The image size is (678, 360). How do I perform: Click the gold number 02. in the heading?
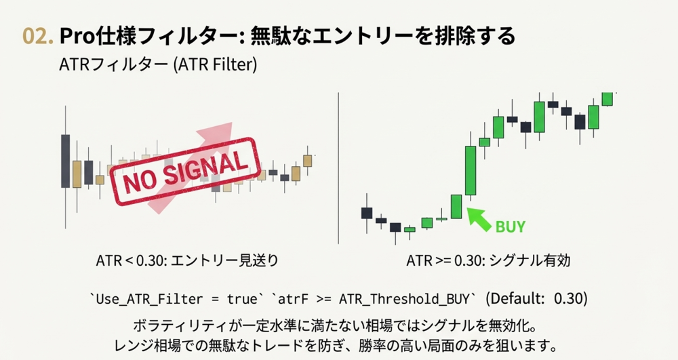tap(38, 36)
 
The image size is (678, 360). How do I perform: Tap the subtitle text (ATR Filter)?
tap(214, 65)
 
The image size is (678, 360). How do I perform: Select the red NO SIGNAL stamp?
tap(186, 171)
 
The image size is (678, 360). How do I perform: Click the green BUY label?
tap(511, 226)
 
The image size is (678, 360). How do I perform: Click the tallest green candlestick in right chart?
tap(471, 170)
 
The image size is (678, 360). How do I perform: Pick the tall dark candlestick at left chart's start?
tap(65, 161)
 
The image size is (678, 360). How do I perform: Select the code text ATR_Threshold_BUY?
tap(404, 299)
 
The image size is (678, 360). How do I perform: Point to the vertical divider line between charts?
tap(338, 168)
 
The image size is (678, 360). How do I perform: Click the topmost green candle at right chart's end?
tap(607, 99)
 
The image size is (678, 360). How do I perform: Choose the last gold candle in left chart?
tap(307, 160)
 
